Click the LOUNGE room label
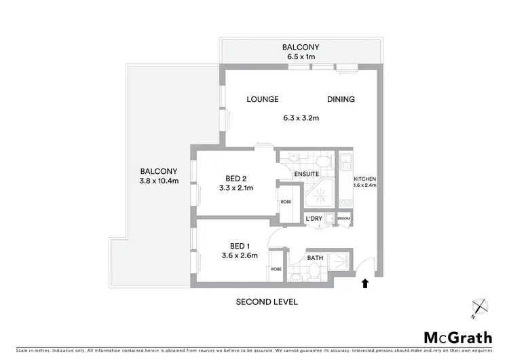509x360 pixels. [263, 99]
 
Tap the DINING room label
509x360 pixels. [341, 99]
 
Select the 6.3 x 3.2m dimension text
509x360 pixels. [301, 118]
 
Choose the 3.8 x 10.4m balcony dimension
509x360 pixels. [159, 181]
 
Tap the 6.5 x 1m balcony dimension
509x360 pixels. [300, 56]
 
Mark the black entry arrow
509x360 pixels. [366, 283]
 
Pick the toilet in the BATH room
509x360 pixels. [315, 272]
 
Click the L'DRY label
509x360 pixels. [314, 217]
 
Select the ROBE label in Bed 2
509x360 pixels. [286, 202]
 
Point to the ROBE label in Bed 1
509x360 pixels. [276, 268]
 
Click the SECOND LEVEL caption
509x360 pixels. [266, 302]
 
